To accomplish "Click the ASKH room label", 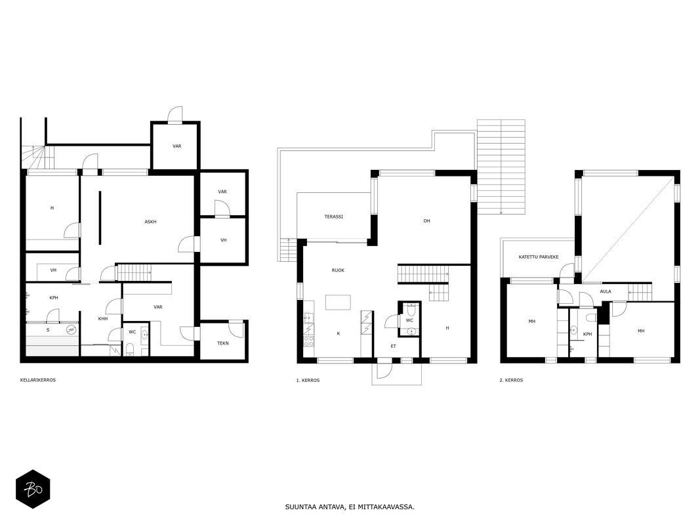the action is pos(150,222).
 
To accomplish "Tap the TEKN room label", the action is pos(223,343).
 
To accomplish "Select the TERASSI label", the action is pos(333,217).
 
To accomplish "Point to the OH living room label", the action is pos(427,221).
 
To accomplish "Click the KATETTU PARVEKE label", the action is pos(539,257).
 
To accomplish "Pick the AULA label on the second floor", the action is pos(606,291).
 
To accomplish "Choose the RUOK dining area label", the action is pos(338,270).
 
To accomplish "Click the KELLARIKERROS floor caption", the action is pos(38,381).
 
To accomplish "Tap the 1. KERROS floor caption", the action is pos(308,381).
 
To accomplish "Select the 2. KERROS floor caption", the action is pos(511,381).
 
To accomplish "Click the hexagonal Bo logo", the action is pos(33,490).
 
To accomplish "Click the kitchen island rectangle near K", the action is pos(338,303).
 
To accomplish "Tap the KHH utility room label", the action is pos(103,319).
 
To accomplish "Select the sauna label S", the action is pos(48,330).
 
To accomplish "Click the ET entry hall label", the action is pos(394,346).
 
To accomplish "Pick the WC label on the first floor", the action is pos(409,320).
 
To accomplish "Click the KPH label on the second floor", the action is pos(587,335).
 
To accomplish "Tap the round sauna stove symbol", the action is pos(71,330).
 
